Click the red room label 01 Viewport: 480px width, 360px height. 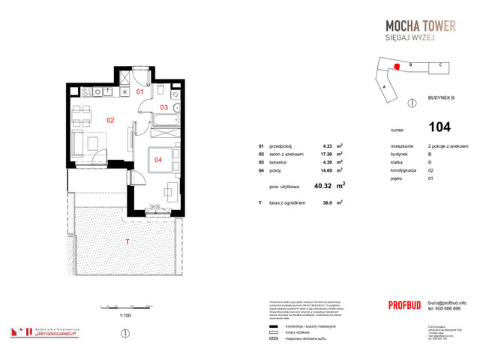pyautogui.click(x=140, y=92)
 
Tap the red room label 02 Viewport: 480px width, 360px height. pyautogui.click(x=109, y=119)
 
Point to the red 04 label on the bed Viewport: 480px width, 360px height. pyautogui.click(x=159, y=159)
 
